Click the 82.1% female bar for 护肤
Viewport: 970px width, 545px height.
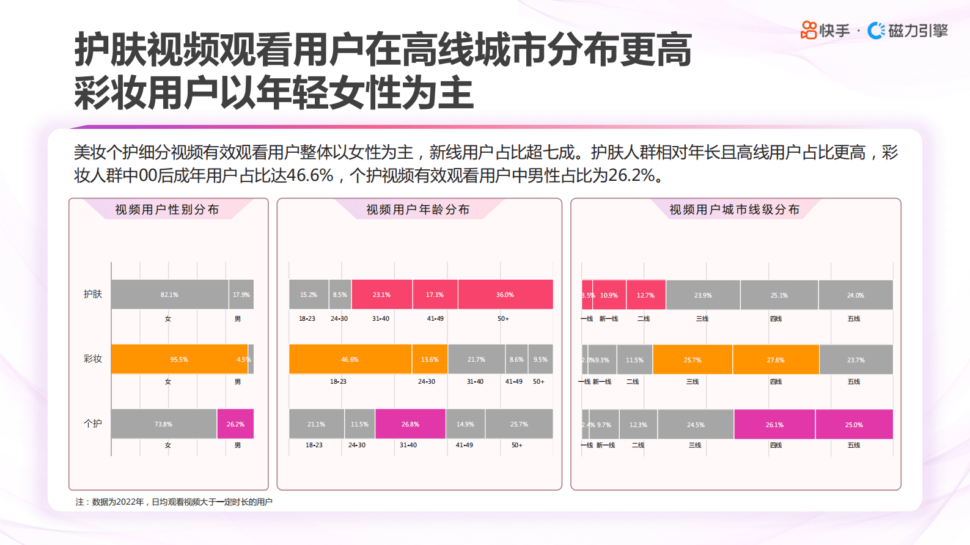pyautogui.click(x=169, y=294)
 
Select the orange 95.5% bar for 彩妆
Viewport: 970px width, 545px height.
pyautogui.click(x=179, y=359)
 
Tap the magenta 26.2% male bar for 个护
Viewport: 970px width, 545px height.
pyautogui.click(x=235, y=424)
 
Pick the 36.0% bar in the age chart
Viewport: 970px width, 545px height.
pyautogui.click(x=505, y=294)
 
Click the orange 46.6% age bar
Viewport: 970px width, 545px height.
pyautogui.click(x=350, y=359)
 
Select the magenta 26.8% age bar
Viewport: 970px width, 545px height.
pyautogui.click(x=410, y=424)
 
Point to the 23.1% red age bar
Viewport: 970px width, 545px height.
pyautogui.click(x=381, y=294)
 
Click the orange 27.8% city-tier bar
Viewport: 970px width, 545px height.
pyautogui.click(x=776, y=360)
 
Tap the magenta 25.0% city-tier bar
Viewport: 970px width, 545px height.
pyautogui.click(x=854, y=425)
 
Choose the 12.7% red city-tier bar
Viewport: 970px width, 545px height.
pyautogui.click(x=645, y=295)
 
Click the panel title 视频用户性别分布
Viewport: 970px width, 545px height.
pyautogui.click(x=167, y=210)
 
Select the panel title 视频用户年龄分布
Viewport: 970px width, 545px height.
pyautogui.click(x=418, y=210)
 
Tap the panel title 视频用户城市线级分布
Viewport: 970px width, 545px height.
pyautogui.click(x=734, y=210)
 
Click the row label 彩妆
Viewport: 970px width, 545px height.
pyautogui.click(x=93, y=359)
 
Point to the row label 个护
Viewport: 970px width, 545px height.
pyautogui.click(x=93, y=423)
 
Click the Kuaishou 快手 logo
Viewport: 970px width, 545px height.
pyautogui.click(x=825, y=30)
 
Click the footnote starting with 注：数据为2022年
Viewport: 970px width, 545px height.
pyautogui.click(x=174, y=502)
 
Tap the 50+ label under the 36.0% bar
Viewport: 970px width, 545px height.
pyautogui.click(x=503, y=318)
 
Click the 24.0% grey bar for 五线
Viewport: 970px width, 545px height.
pyautogui.click(x=856, y=295)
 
